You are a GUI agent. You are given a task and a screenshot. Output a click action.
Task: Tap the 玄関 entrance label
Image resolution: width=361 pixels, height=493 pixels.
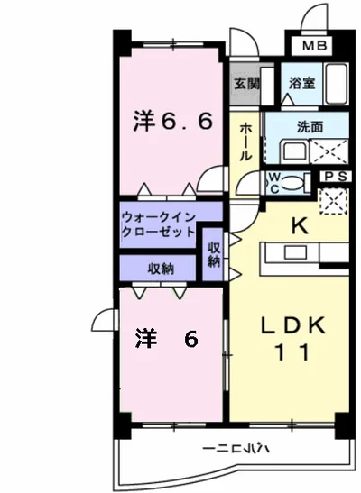(244, 83)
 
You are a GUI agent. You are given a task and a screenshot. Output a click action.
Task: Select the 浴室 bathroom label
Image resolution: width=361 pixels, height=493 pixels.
(301, 83)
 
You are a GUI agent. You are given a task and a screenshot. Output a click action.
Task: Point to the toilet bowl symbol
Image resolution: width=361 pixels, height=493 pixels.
(294, 182)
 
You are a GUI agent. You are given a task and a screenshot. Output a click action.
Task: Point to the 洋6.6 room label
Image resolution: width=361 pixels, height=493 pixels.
(174, 120)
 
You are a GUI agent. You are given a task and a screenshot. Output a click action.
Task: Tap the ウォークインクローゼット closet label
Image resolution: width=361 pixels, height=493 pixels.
(158, 224)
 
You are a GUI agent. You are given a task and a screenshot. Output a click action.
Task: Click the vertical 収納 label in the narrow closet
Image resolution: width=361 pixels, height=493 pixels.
(213, 254)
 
